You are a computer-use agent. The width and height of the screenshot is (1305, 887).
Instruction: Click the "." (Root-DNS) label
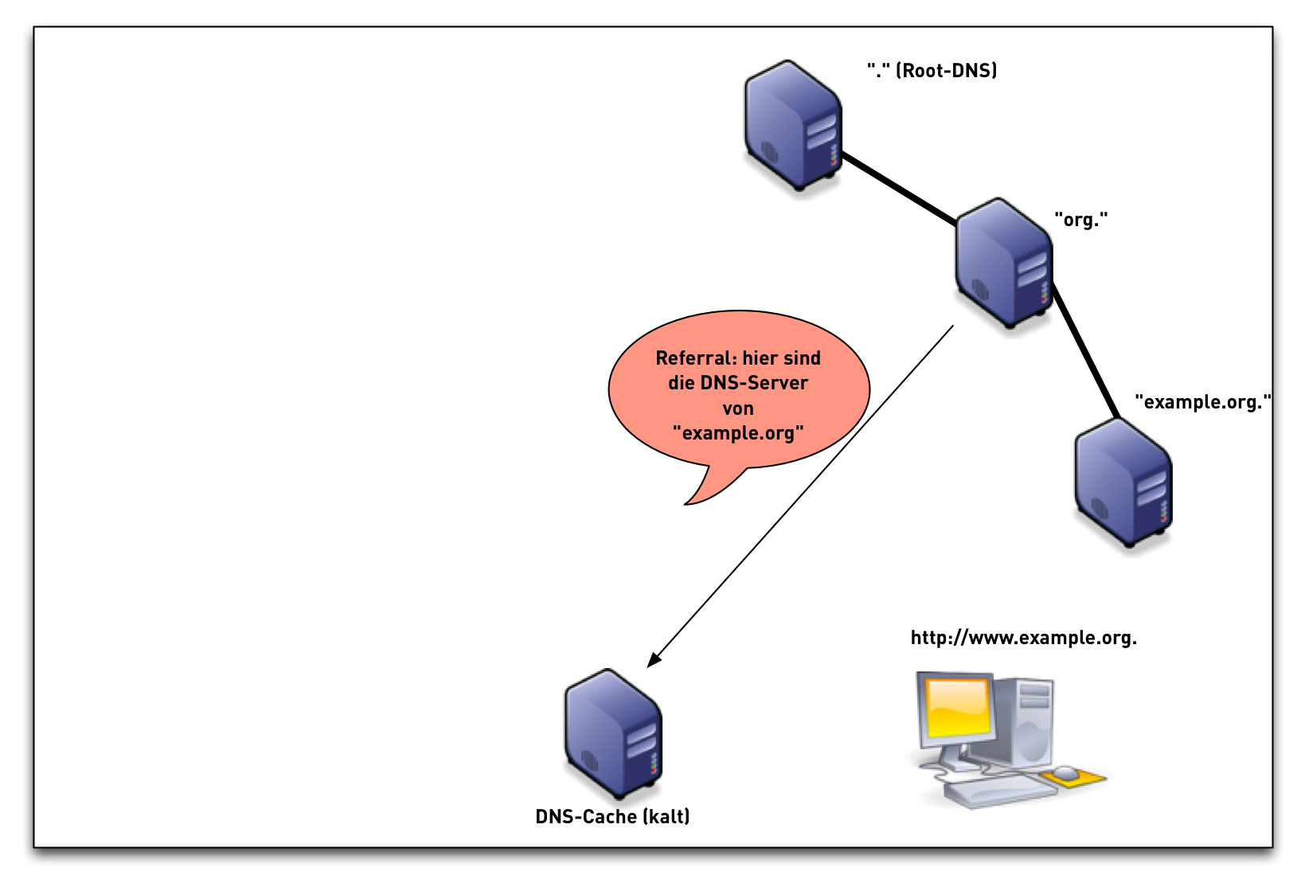932,71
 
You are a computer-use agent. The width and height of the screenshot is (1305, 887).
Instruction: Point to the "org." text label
1080,220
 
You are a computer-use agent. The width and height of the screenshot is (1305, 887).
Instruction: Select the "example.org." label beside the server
1202,402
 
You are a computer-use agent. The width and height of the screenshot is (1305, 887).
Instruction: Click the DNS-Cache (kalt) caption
612,817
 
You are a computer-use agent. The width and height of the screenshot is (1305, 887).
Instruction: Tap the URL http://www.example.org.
1023,638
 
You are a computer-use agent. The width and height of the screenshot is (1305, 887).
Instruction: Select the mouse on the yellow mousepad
1065,773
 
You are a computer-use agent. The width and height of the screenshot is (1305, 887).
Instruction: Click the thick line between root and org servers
898,189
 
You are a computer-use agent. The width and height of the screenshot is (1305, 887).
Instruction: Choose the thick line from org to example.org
1086,351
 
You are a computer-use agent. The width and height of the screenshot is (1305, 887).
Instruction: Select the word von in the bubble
738,408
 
